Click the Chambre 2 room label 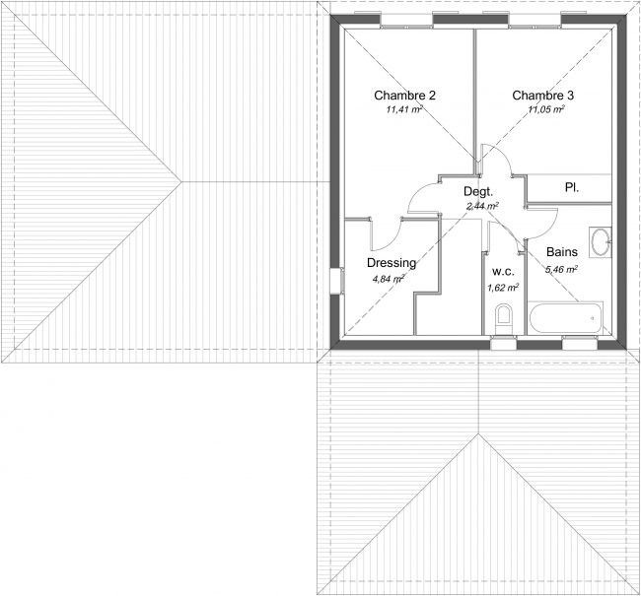(404, 96)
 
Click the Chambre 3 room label (543, 96)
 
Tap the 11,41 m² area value (404, 109)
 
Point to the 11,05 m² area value (546, 109)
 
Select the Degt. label (478, 191)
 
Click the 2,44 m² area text (482, 206)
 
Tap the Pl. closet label (572, 187)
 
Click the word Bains (562, 252)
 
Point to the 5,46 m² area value (561, 269)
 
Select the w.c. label (503, 272)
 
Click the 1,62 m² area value (503, 288)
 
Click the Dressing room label (392, 263)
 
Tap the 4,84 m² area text (388, 280)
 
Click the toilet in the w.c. (503, 319)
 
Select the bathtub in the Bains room (566, 318)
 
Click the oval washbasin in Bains (601, 241)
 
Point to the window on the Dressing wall (337, 281)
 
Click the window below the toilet (503, 343)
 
